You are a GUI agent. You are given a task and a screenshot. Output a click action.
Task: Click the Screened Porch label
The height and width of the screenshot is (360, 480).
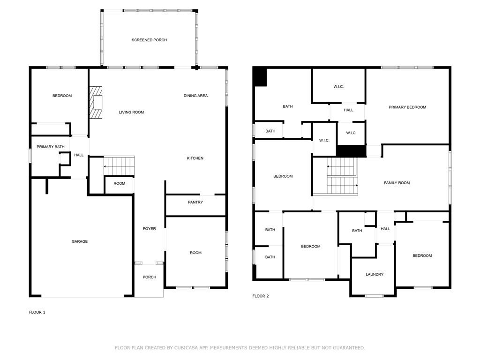pyautogui.click(x=149, y=40)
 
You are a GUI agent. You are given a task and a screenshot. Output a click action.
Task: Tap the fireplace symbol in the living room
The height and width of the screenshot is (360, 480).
pyautogui.click(x=96, y=102)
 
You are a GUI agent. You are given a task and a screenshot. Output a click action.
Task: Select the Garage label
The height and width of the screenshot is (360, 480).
pyautogui.click(x=80, y=241)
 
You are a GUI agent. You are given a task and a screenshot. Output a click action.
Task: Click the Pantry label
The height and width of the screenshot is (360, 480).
pyautogui.click(x=195, y=202)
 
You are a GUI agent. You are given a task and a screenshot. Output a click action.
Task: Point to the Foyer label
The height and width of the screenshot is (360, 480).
pyautogui.click(x=150, y=229)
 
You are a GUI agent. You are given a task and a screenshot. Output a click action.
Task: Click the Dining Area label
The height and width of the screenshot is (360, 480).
pyautogui.click(x=195, y=96)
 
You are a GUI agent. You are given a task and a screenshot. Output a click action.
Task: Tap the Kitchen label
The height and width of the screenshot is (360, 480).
pyautogui.click(x=195, y=158)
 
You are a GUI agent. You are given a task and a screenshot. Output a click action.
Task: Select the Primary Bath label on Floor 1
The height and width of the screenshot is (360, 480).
pyautogui.click(x=51, y=147)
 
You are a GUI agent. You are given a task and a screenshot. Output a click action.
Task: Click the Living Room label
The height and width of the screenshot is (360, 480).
pyautogui.click(x=131, y=112)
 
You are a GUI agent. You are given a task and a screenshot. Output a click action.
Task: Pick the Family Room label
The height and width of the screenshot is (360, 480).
pyautogui.click(x=397, y=183)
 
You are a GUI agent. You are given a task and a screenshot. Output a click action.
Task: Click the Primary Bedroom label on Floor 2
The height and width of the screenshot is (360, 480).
pyautogui.click(x=407, y=107)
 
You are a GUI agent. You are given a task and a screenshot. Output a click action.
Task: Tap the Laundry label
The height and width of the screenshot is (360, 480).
pyautogui.click(x=375, y=274)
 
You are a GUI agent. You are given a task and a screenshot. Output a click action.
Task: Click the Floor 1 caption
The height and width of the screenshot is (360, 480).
pyautogui.click(x=37, y=312)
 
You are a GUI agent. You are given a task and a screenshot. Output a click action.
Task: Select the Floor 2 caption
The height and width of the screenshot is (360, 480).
pyautogui.click(x=261, y=296)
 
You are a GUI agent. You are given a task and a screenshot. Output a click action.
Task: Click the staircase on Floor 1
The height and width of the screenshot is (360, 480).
pyautogui.click(x=119, y=166)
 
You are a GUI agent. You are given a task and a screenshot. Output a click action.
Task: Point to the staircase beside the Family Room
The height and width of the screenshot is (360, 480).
pyautogui.click(x=342, y=176)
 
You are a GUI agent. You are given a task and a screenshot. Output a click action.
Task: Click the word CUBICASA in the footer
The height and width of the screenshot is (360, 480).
pyautogui.click(x=186, y=348)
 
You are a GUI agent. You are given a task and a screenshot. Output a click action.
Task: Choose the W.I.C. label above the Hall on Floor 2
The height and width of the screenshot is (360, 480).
pyautogui.click(x=338, y=87)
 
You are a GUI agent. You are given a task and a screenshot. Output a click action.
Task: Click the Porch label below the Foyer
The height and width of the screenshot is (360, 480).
pyautogui.click(x=150, y=277)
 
